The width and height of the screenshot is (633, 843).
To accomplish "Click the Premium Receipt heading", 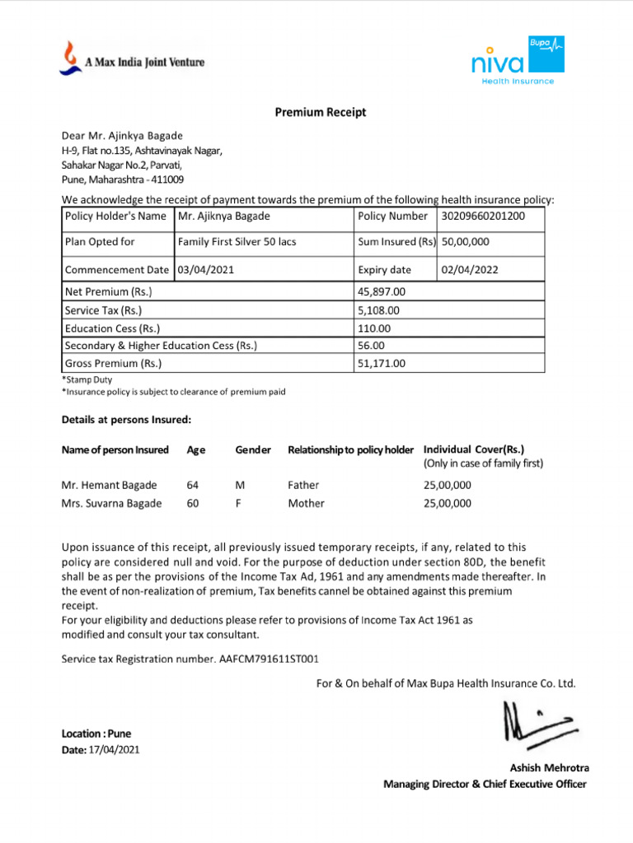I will point(321,113).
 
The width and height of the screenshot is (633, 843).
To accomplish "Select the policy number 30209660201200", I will point(483,217).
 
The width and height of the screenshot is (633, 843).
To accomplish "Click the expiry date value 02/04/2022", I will point(470,269).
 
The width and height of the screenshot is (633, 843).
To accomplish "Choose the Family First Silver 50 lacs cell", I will point(237,242).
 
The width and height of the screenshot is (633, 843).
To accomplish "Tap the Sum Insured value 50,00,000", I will point(466,242).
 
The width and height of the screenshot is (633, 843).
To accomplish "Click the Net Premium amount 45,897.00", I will point(382,291).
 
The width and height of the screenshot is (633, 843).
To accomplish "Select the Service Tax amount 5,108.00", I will point(378,310).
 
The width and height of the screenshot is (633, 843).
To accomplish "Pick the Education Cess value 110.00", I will point(374,328).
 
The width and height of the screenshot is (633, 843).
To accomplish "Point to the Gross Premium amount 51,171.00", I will point(382,363).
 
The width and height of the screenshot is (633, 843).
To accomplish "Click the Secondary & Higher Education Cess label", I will point(161,346).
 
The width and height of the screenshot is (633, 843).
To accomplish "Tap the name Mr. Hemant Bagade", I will point(109,486).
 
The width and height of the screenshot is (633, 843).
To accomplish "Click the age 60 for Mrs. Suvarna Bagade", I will point(193,504).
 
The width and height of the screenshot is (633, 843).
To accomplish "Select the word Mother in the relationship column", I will point(306,504).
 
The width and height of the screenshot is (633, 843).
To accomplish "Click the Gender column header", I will point(253,450).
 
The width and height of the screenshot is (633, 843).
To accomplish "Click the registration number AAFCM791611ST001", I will point(269,659).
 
